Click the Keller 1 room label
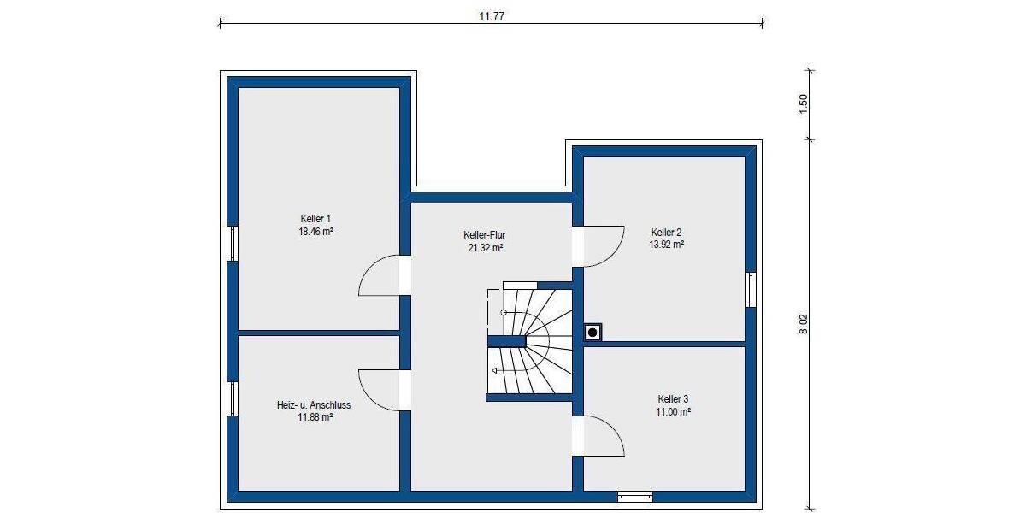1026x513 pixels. (x=315, y=219)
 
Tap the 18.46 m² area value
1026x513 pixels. (x=315, y=231)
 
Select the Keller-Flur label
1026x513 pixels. (x=483, y=235)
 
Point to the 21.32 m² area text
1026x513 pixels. (x=483, y=247)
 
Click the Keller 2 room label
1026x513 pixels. (x=666, y=232)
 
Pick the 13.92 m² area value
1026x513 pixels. (x=666, y=244)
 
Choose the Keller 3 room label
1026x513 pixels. (x=673, y=399)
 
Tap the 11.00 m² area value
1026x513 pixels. (x=673, y=411)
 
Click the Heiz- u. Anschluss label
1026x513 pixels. (x=314, y=405)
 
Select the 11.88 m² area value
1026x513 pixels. (x=314, y=417)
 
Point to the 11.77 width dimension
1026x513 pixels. (x=490, y=15)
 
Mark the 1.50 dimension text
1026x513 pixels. (x=802, y=103)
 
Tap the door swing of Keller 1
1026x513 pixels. (x=380, y=275)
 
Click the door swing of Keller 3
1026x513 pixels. (x=603, y=437)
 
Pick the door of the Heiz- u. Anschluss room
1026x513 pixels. (x=380, y=389)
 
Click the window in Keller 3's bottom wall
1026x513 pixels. (x=634, y=496)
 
